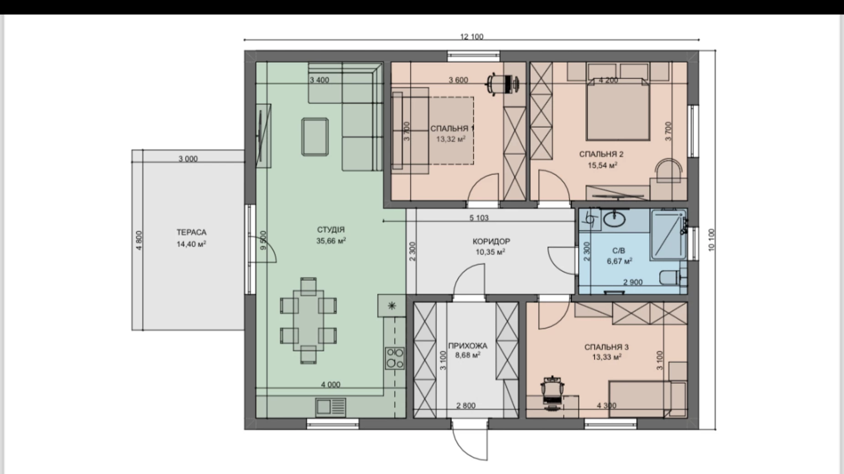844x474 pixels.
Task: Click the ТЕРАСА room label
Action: point(192,232)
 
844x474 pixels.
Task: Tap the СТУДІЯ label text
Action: point(331,230)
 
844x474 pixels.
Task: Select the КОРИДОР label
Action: point(491,241)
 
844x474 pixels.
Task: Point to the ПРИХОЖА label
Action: point(468,345)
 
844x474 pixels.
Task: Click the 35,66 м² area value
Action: point(331,241)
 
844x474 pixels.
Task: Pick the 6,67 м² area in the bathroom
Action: point(619,261)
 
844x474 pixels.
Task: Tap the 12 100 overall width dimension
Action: point(471,36)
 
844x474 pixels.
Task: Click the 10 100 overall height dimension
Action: point(712,240)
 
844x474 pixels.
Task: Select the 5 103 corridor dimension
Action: point(479,218)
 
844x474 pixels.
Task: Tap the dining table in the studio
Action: point(308,320)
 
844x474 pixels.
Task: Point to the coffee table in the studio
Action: point(315,137)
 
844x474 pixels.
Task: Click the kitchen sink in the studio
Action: point(331,406)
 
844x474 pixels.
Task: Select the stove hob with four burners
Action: point(395,358)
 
